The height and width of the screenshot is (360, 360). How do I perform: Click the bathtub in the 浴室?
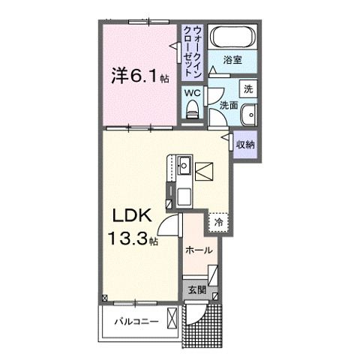tap(233, 37)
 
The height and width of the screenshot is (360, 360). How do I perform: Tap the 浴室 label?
tap(232, 60)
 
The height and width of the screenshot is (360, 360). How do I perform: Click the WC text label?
tap(192, 93)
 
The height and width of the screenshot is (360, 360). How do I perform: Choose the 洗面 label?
tap(229, 106)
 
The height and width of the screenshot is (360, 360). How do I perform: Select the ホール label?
tap(199, 250)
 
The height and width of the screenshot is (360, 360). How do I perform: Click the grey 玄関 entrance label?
tap(196, 290)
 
